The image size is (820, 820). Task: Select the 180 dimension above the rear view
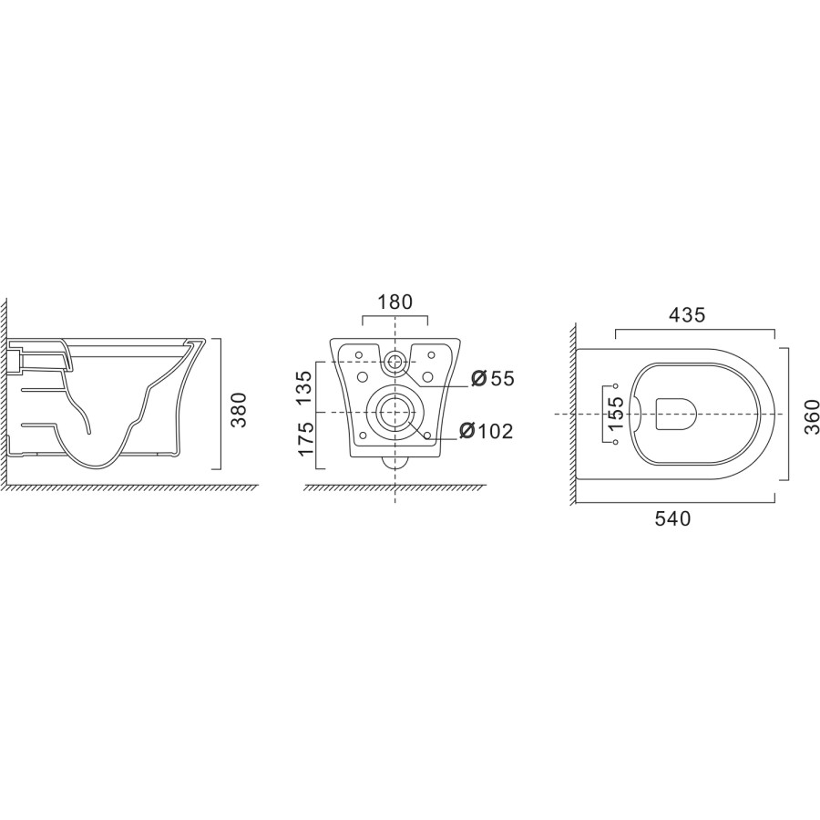395,302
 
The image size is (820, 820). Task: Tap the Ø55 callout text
492,377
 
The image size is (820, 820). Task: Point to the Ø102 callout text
486,430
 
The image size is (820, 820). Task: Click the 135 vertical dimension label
307,386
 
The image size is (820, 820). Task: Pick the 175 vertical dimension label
307,440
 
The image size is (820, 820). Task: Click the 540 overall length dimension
673,519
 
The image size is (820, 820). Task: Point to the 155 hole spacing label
616,413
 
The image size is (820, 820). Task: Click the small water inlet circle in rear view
395,362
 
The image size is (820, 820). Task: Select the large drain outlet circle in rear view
395,412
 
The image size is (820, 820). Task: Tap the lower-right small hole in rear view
427,435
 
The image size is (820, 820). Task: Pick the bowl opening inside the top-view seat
676,414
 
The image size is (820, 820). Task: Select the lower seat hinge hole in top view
616,442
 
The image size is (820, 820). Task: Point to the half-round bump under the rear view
395,462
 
